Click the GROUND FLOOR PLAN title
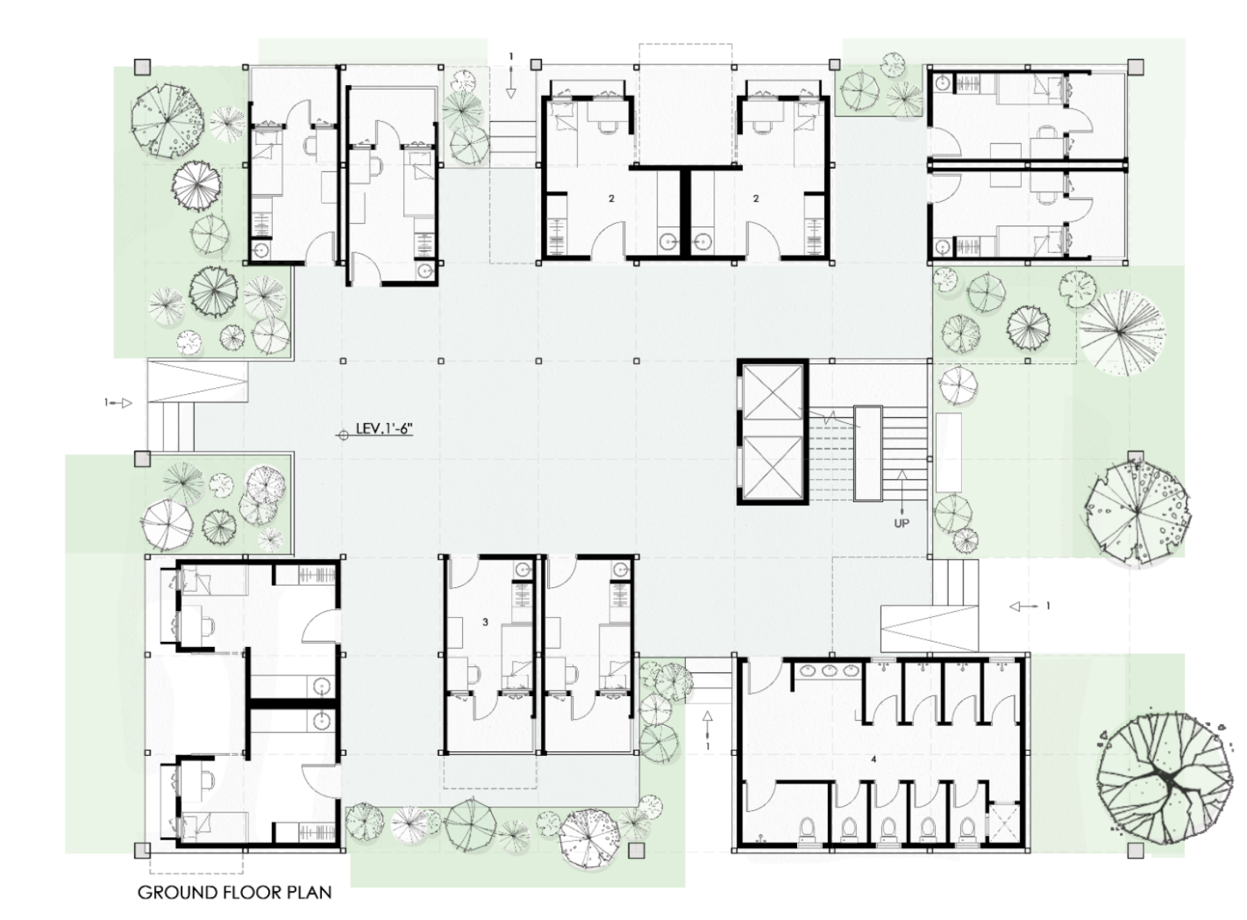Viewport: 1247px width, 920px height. (x=235, y=892)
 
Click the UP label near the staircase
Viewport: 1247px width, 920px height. (x=901, y=523)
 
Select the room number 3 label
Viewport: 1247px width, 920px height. (x=485, y=622)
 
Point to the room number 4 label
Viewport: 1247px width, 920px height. (x=874, y=759)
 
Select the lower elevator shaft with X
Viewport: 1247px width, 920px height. (x=772, y=465)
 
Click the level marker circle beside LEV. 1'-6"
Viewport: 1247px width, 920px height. (x=343, y=435)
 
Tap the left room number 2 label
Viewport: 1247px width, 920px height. (x=612, y=199)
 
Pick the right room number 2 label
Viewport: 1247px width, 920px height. (x=756, y=199)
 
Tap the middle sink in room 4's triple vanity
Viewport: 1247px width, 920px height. (x=829, y=671)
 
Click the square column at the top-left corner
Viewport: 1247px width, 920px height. (x=143, y=67)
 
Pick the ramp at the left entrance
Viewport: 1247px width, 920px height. (x=197, y=382)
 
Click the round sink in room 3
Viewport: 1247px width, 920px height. (x=523, y=569)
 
